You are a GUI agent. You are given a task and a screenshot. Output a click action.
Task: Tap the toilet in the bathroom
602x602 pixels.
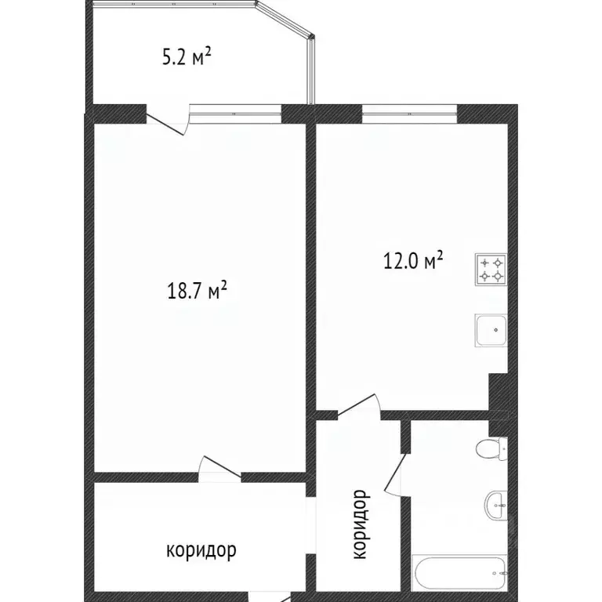492,451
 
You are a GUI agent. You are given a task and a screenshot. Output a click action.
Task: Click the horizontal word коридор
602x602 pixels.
201,550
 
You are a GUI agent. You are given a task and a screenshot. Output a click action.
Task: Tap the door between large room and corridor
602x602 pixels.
219,468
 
